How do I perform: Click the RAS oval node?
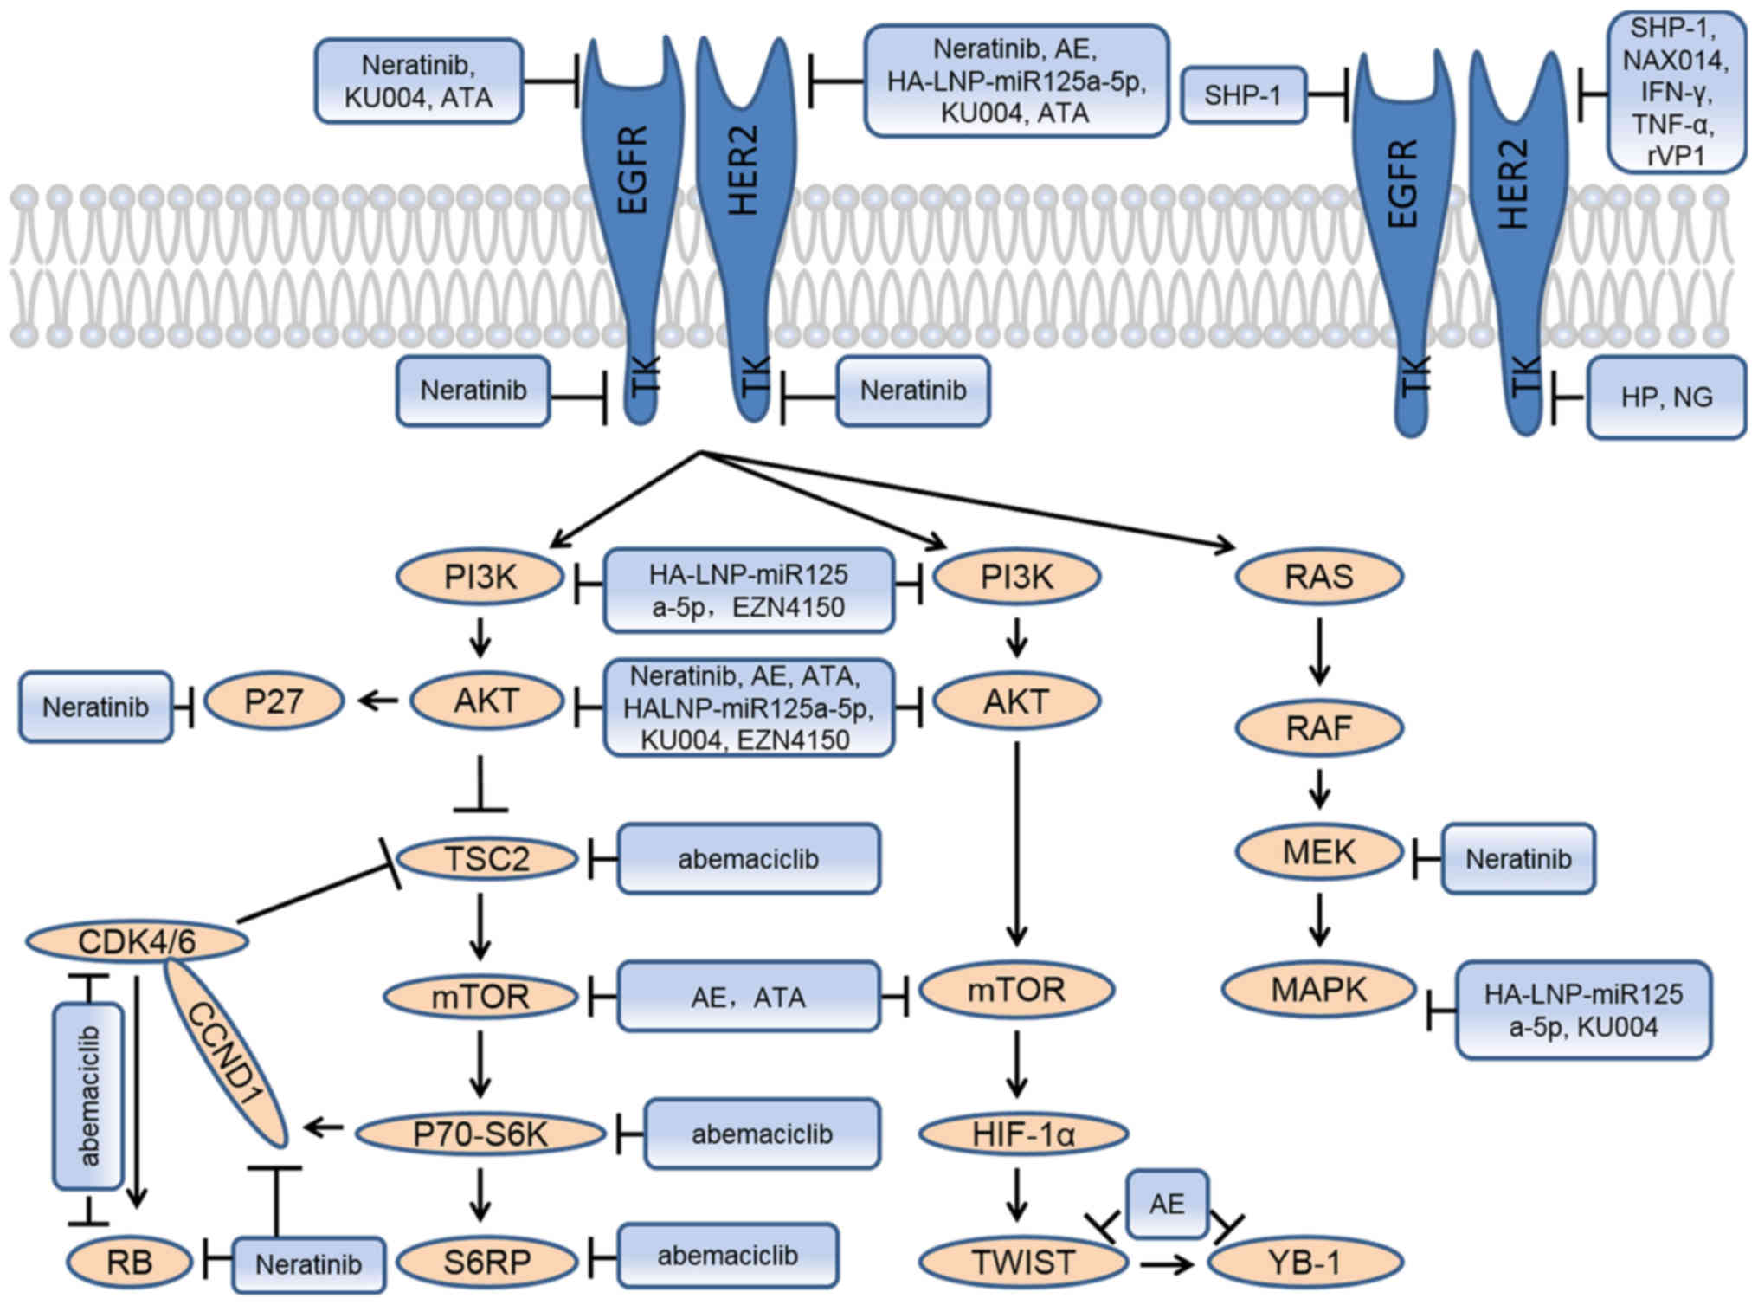coord(1318,577)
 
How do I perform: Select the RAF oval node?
coord(1318,728)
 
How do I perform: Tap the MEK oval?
coord(1318,853)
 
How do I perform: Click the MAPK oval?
coord(1318,990)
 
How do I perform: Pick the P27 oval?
coord(274,701)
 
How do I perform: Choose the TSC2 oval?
coord(486,859)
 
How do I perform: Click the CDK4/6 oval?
coord(137,941)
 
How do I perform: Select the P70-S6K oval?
coord(480,1134)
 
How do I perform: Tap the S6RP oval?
coord(486,1262)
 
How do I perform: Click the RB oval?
coord(129,1262)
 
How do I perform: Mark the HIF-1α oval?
coord(1023,1134)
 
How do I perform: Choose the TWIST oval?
coord(1023,1262)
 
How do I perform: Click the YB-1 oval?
coord(1304,1262)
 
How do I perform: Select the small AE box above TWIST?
coord(1166,1204)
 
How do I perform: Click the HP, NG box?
coord(1665,397)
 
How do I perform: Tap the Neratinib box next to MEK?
coord(1517,859)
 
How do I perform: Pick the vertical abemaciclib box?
coord(88,1096)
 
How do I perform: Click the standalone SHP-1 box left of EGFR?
coord(1242,95)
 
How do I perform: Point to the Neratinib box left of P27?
coord(95,707)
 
